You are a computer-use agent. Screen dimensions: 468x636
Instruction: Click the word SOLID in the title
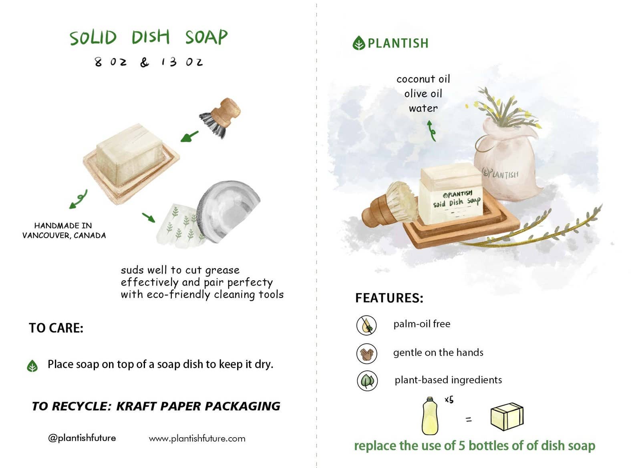point(93,38)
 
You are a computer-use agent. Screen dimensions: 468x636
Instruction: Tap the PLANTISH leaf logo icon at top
point(358,43)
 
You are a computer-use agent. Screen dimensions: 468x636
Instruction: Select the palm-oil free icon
point(366,325)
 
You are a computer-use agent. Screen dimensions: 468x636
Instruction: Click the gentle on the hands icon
point(366,354)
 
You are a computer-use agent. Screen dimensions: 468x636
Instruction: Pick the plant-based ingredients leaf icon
point(367,381)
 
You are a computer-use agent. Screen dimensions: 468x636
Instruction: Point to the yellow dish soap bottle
point(430,416)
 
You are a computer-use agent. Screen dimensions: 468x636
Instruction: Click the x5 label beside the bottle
point(449,400)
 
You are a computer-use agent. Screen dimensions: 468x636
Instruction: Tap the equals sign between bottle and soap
point(468,420)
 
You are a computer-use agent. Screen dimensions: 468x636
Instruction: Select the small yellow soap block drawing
point(507,417)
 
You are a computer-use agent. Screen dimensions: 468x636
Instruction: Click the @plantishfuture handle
point(82,438)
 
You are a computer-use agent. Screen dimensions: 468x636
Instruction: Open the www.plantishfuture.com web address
point(197,439)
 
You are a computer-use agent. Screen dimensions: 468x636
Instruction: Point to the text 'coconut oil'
point(423,79)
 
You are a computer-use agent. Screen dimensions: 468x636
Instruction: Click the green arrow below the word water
point(431,131)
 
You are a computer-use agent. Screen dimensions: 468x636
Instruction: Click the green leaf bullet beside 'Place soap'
point(32,366)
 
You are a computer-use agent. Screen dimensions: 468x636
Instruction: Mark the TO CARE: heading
point(56,328)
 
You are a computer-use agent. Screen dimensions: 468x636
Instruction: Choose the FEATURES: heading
point(389,298)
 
